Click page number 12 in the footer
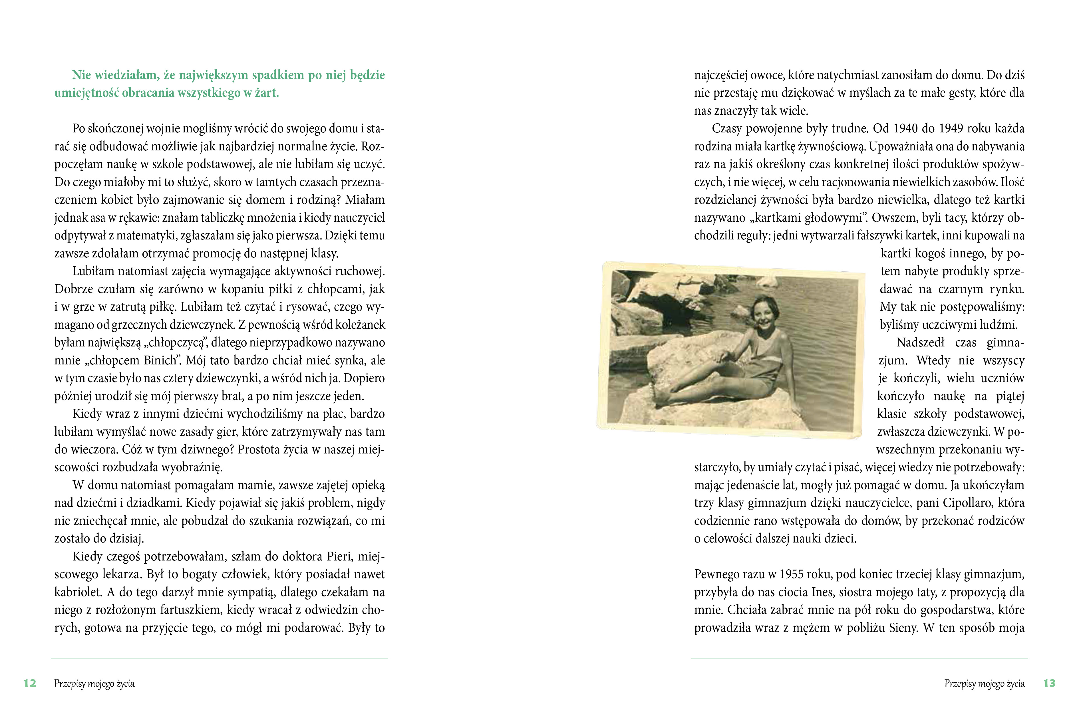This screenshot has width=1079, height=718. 30,683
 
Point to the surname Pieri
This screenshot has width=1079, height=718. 337,556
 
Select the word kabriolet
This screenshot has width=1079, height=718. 78,592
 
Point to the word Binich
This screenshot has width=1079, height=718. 161,360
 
